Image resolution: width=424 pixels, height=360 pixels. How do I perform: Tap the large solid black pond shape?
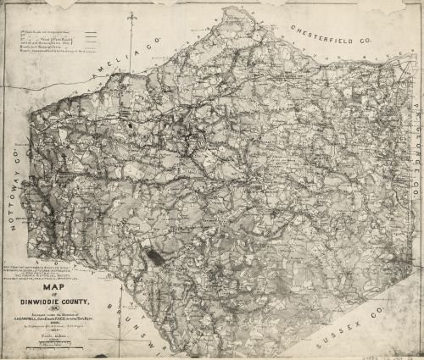pos(153,253)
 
